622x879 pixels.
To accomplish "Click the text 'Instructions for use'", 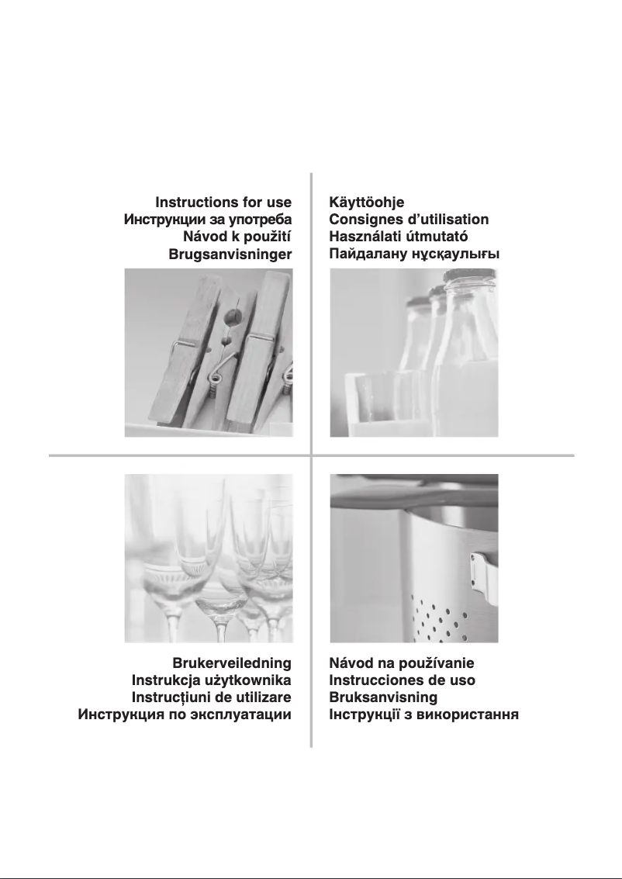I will pyautogui.click(x=223, y=203).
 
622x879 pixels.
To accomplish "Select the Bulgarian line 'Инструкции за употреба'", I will pyautogui.click(x=208, y=220).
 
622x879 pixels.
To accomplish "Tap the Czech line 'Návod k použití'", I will pyautogui.click(x=237, y=237).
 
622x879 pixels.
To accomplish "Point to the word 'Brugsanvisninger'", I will pyautogui.click(x=230, y=254).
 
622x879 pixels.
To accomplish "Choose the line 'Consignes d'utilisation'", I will pyautogui.click(x=409, y=220).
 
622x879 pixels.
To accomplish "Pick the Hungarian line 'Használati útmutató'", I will pyautogui.click(x=399, y=237).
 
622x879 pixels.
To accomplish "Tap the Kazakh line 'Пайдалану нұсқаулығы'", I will pyautogui.click(x=414, y=254).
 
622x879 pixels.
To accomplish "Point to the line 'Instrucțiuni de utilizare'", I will pyautogui.click(x=212, y=697).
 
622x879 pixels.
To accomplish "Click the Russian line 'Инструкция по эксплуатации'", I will pyautogui.click(x=185, y=714).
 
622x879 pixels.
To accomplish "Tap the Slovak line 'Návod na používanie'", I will pyautogui.click(x=402, y=663).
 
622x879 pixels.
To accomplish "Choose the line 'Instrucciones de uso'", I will pyautogui.click(x=403, y=680).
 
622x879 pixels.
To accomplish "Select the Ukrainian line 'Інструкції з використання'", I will pyautogui.click(x=423, y=714).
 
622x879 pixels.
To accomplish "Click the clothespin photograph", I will pyautogui.click(x=209, y=352).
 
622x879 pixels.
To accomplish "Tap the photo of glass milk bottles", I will pyautogui.click(x=413, y=352).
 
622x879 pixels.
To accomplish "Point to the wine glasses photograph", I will pyautogui.click(x=209, y=558).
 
